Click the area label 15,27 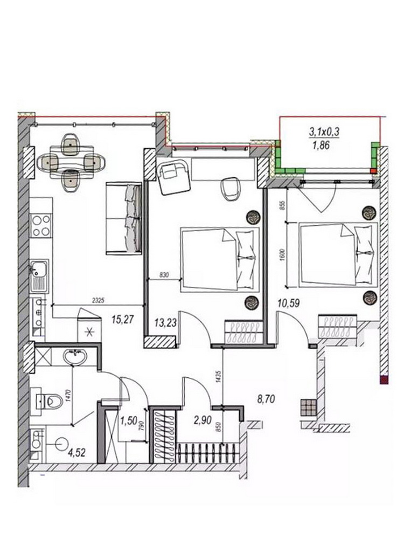click(x=122, y=320)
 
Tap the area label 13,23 click(x=165, y=322)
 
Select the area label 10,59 click(x=289, y=303)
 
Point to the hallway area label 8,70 click(x=266, y=399)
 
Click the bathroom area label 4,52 click(x=76, y=453)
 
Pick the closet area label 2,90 click(x=203, y=420)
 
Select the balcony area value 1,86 click(x=321, y=146)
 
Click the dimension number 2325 click(x=98, y=300)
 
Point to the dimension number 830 click(x=164, y=275)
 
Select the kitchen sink click(x=39, y=275)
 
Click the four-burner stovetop click(x=41, y=225)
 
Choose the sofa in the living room click(x=124, y=218)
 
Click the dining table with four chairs click(x=71, y=162)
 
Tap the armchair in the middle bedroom click(x=174, y=177)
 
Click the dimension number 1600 click(x=282, y=255)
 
